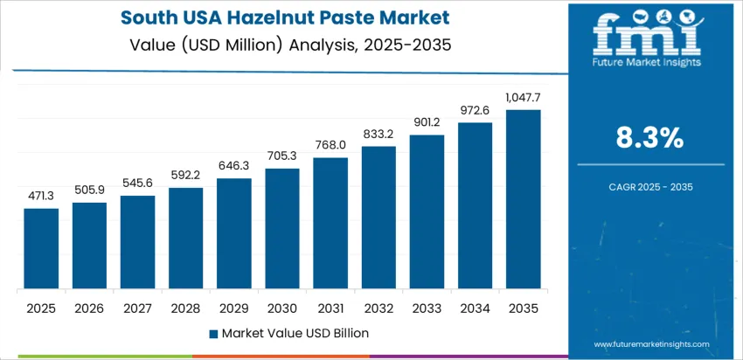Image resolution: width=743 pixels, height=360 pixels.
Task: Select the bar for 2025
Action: pos(41,248)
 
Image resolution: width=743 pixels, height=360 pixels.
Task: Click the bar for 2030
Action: pos(282,228)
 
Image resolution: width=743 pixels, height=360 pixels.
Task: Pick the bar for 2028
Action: pos(185,238)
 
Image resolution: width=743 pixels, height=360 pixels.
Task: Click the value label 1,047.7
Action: pos(523,98)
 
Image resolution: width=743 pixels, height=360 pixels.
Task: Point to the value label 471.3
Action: pos(41,197)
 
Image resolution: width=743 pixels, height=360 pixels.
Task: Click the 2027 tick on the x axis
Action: pos(137,308)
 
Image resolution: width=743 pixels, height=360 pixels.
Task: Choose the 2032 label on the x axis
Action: pos(378,308)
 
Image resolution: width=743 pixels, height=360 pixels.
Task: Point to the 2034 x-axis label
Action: pos(475,308)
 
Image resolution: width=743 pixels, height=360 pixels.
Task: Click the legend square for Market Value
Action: pos(212,333)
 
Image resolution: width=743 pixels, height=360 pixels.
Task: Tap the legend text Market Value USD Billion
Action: pos(295,333)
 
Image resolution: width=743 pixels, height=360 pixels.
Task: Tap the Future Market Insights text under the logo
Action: pos(646,62)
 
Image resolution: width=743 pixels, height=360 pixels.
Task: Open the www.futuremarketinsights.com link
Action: pos(663,346)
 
